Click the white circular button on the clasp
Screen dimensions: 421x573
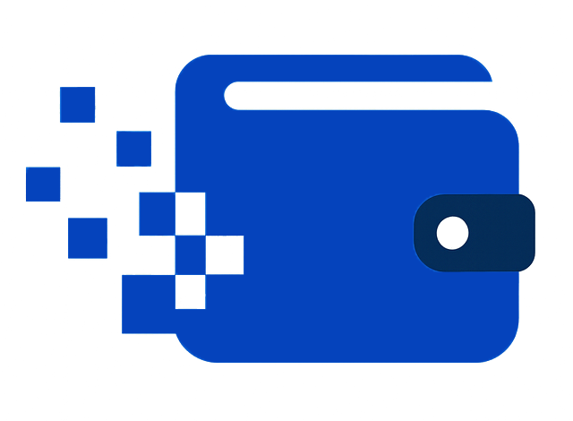tap(452, 233)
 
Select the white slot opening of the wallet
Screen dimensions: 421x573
tap(358, 95)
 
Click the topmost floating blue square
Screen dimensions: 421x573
tap(77, 104)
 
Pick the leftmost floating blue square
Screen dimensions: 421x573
tap(43, 184)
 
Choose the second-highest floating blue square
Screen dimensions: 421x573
tap(133, 148)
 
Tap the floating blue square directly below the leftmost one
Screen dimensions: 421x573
tap(87, 237)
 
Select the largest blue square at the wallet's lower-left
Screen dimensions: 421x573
tap(148, 303)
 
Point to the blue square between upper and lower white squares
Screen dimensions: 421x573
tap(190, 254)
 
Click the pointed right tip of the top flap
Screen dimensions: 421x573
tap(487, 76)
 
